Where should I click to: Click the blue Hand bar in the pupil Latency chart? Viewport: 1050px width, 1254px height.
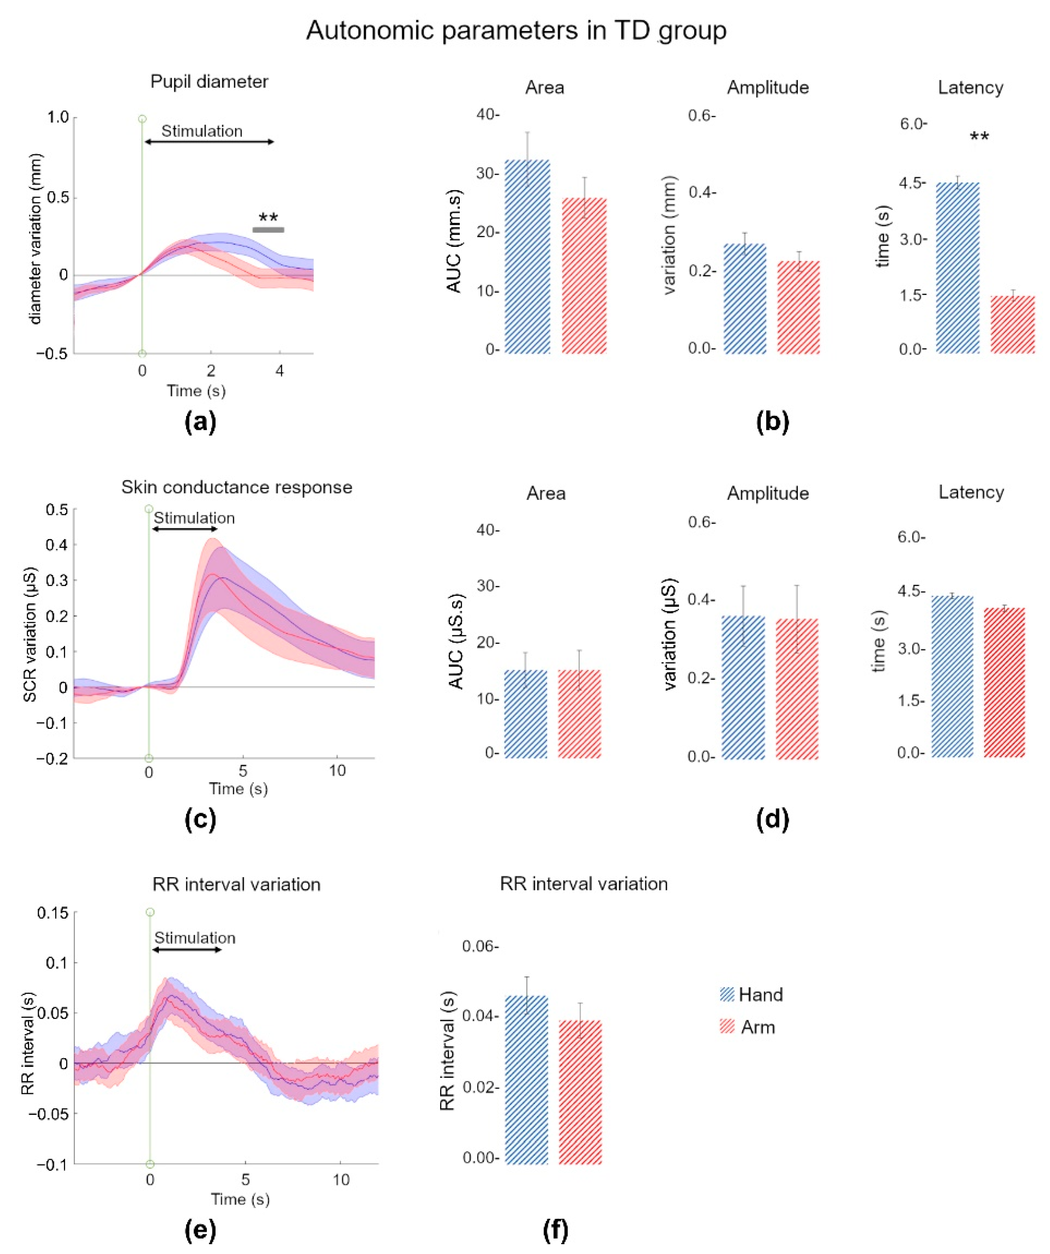pyautogui.click(x=958, y=268)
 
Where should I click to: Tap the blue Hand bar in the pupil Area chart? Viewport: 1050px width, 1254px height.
pyautogui.click(x=527, y=257)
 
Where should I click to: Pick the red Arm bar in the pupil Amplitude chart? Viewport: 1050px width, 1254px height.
pyautogui.click(x=799, y=307)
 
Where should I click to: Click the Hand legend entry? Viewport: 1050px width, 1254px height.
pyautogui.click(x=751, y=994)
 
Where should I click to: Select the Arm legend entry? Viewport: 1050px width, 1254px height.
pyautogui.click(x=748, y=1027)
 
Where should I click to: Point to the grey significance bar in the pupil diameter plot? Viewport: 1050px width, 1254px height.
pyautogui.click(x=268, y=230)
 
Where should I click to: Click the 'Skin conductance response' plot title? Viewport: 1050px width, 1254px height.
pyautogui.click(x=237, y=487)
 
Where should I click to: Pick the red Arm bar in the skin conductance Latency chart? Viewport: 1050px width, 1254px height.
pyautogui.click(x=1004, y=682)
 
